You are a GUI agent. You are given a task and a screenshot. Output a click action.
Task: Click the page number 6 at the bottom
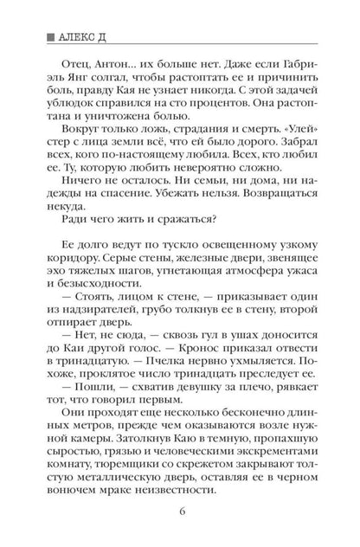[180, 522]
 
